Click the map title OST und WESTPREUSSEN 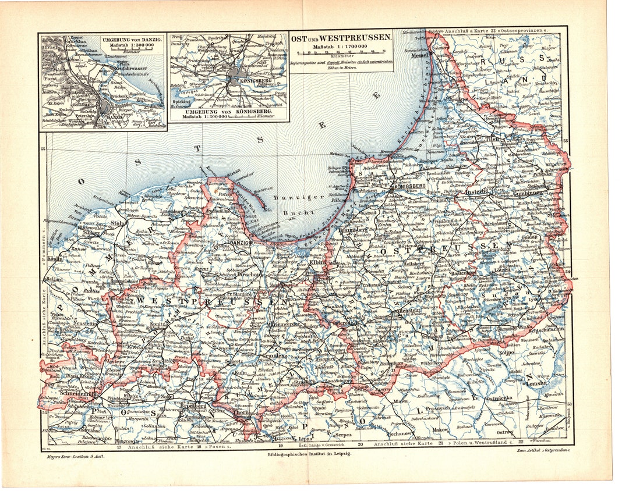click(341, 37)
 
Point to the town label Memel click(419, 56)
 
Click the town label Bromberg click(192, 405)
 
